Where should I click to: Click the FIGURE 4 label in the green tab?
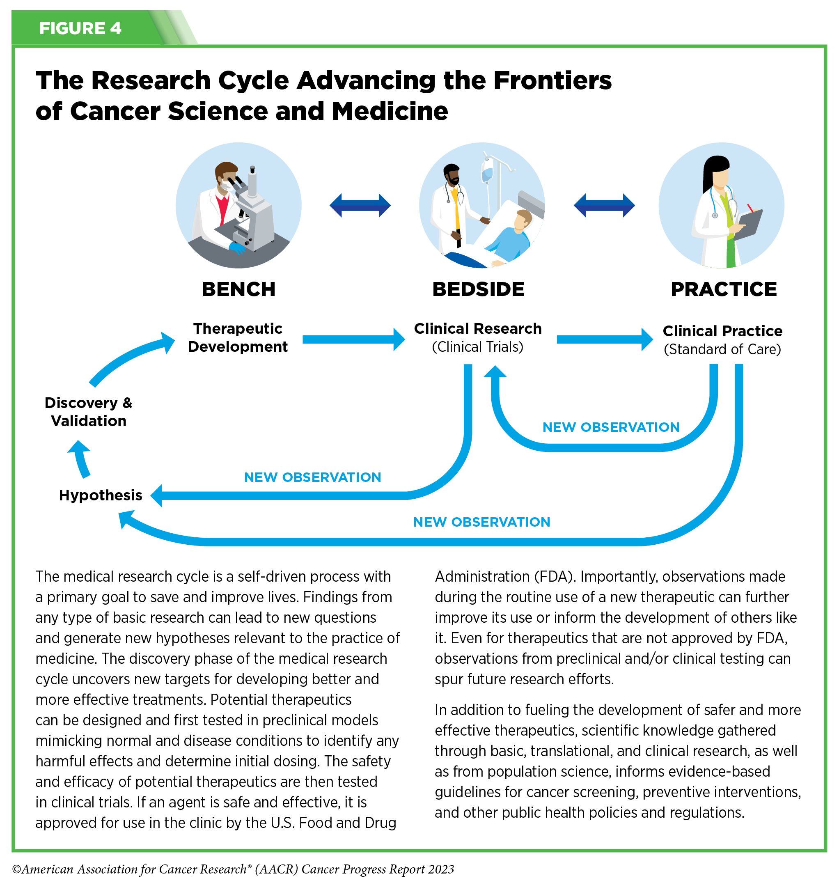[x=80, y=28]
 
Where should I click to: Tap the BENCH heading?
[x=238, y=289]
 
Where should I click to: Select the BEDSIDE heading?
[x=478, y=289]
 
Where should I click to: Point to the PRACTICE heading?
[x=724, y=289]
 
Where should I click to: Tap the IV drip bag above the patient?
[x=487, y=172]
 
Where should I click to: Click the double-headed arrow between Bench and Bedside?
[x=360, y=205]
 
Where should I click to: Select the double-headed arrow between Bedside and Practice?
[x=604, y=205]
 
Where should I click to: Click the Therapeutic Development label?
[x=238, y=338]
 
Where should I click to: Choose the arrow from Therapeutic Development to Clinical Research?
[x=353, y=339]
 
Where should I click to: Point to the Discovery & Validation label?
[x=89, y=412]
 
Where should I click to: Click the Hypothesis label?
[x=101, y=495]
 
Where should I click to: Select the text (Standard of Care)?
[x=722, y=349]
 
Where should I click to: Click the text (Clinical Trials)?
[x=477, y=347]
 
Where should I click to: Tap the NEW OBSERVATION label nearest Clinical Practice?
[x=610, y=427]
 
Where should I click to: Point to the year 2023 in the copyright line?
[x=441, y=869]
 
